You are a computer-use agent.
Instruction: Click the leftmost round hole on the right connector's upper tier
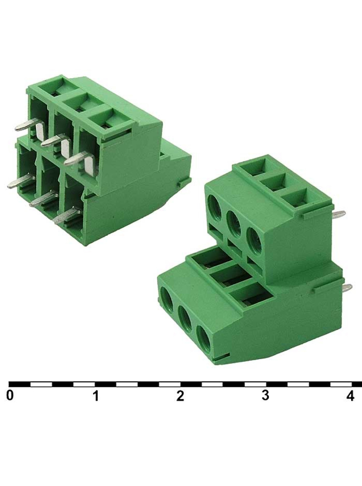[x=215, y=207]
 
